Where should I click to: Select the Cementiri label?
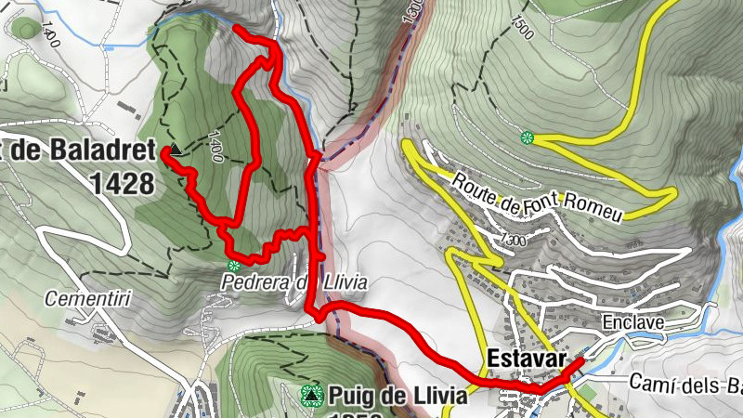pyautogui.click(x=81, y=300)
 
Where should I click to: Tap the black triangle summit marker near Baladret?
pyautogui.click(x=175, y=149)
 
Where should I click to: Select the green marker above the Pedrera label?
pyautogui.click(x=234, y=266)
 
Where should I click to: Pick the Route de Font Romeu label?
pyautogui.click(x=537, y=197)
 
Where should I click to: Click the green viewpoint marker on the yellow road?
pyautogui.click(x=528, y=138)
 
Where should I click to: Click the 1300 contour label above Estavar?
pyautogui.click(x=512, y=241)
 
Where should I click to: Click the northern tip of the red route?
pyautogui.click(x=236, y=29)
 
